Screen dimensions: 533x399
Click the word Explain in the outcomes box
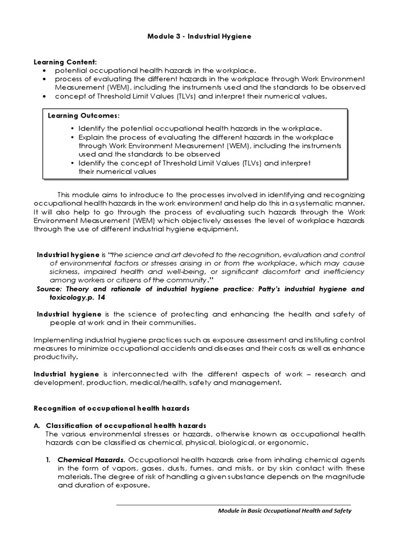pos(91,137)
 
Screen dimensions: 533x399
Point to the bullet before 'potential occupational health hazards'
pos(45,70)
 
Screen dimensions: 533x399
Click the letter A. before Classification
pos(37,425)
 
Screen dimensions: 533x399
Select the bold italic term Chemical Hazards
pos(90,460)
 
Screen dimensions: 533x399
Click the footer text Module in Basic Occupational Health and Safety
pos(284,510)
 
